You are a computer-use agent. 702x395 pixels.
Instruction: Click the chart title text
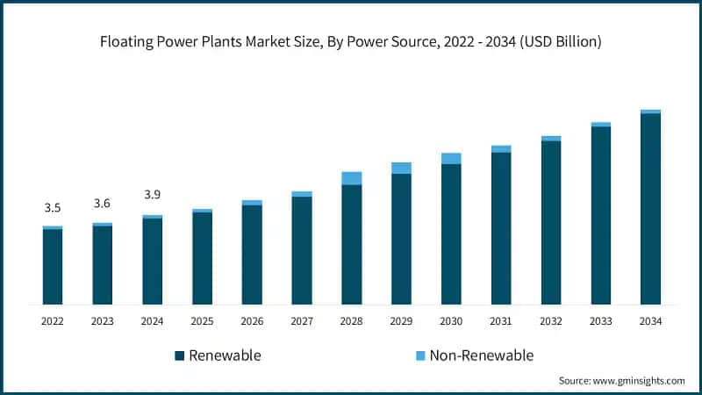(351, 41)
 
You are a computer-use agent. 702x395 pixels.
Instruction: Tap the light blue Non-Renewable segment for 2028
(351, 178)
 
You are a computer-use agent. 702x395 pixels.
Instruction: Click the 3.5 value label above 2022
(53, 208)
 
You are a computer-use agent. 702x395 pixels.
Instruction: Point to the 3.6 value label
(103, 204)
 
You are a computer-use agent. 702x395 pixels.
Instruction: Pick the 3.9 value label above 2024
(152, 195)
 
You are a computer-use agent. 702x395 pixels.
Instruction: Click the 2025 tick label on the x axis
(202, 321)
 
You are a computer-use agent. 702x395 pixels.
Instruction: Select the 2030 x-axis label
(451, 321)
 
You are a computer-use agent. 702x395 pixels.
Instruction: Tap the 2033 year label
(600, 321)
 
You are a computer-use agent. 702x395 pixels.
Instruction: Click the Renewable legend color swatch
(180, 355)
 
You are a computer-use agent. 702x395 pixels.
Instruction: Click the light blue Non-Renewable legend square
(420, 355)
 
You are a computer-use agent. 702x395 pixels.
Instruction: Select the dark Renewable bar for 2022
(53, 267)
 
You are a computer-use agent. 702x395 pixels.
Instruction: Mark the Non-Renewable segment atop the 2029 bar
(401, 168)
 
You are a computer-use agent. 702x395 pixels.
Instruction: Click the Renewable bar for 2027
(302, 250)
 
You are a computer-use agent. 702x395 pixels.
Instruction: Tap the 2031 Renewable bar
(501, 228)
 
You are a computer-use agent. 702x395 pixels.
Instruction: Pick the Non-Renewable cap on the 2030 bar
(451, 158)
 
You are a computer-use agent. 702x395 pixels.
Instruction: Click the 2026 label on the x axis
(252, 321)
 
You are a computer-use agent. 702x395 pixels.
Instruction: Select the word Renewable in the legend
(225, 355)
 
